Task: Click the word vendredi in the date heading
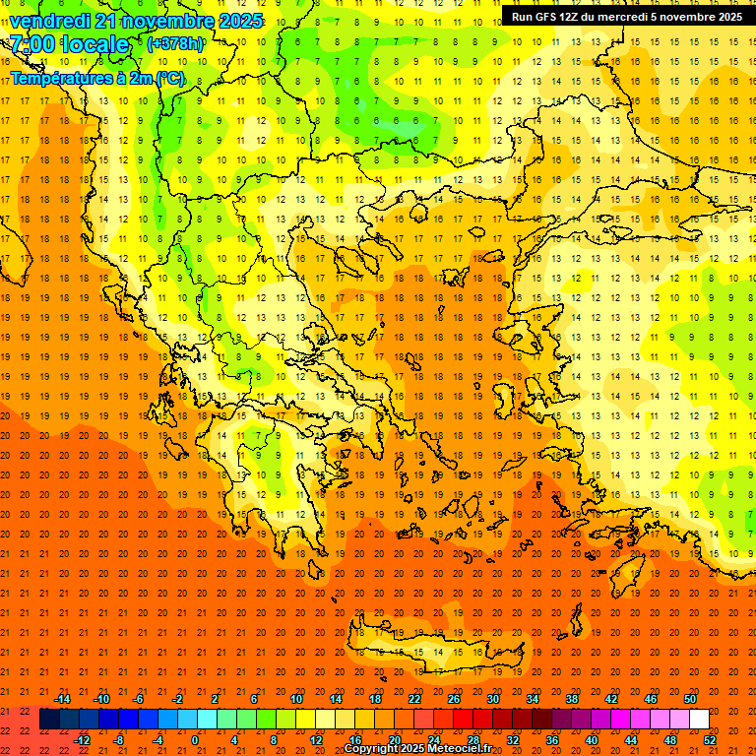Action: [48, 21]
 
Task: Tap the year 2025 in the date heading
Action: [239, 21]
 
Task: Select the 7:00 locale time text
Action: [70, 44]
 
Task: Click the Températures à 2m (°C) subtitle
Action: [96, 78]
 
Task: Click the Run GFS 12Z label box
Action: [627, 16]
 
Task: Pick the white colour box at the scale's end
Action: [699, 720]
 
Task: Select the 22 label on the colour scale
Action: [414, 698]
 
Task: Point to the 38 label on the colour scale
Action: [572, 698]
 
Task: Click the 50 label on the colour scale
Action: [690, 698]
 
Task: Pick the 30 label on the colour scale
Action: [493, 698]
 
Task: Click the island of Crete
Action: [433, 654]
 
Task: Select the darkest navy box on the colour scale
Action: [49, 720]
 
